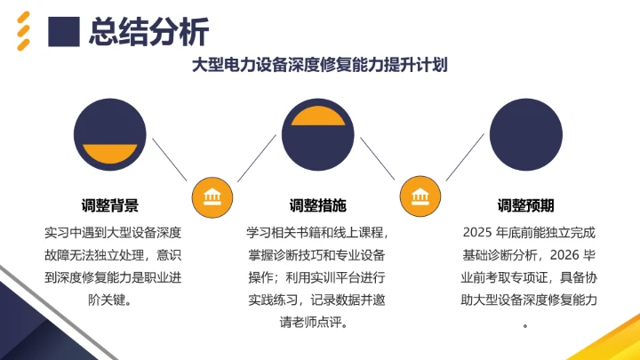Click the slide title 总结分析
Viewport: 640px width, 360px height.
(x=149, y=32)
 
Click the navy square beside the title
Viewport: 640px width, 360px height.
(x=64, y=32)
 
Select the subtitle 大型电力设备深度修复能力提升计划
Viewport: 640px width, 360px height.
(x=320, y=66)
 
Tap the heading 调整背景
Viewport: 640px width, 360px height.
(x=110, y=205)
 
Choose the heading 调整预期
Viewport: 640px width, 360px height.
(x=525, y=205)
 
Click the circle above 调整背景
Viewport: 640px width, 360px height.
(x=110, y=137)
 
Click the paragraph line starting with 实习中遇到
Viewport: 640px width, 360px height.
(x=111, y=233)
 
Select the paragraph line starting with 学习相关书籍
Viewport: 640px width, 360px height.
(x=318, y=233)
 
